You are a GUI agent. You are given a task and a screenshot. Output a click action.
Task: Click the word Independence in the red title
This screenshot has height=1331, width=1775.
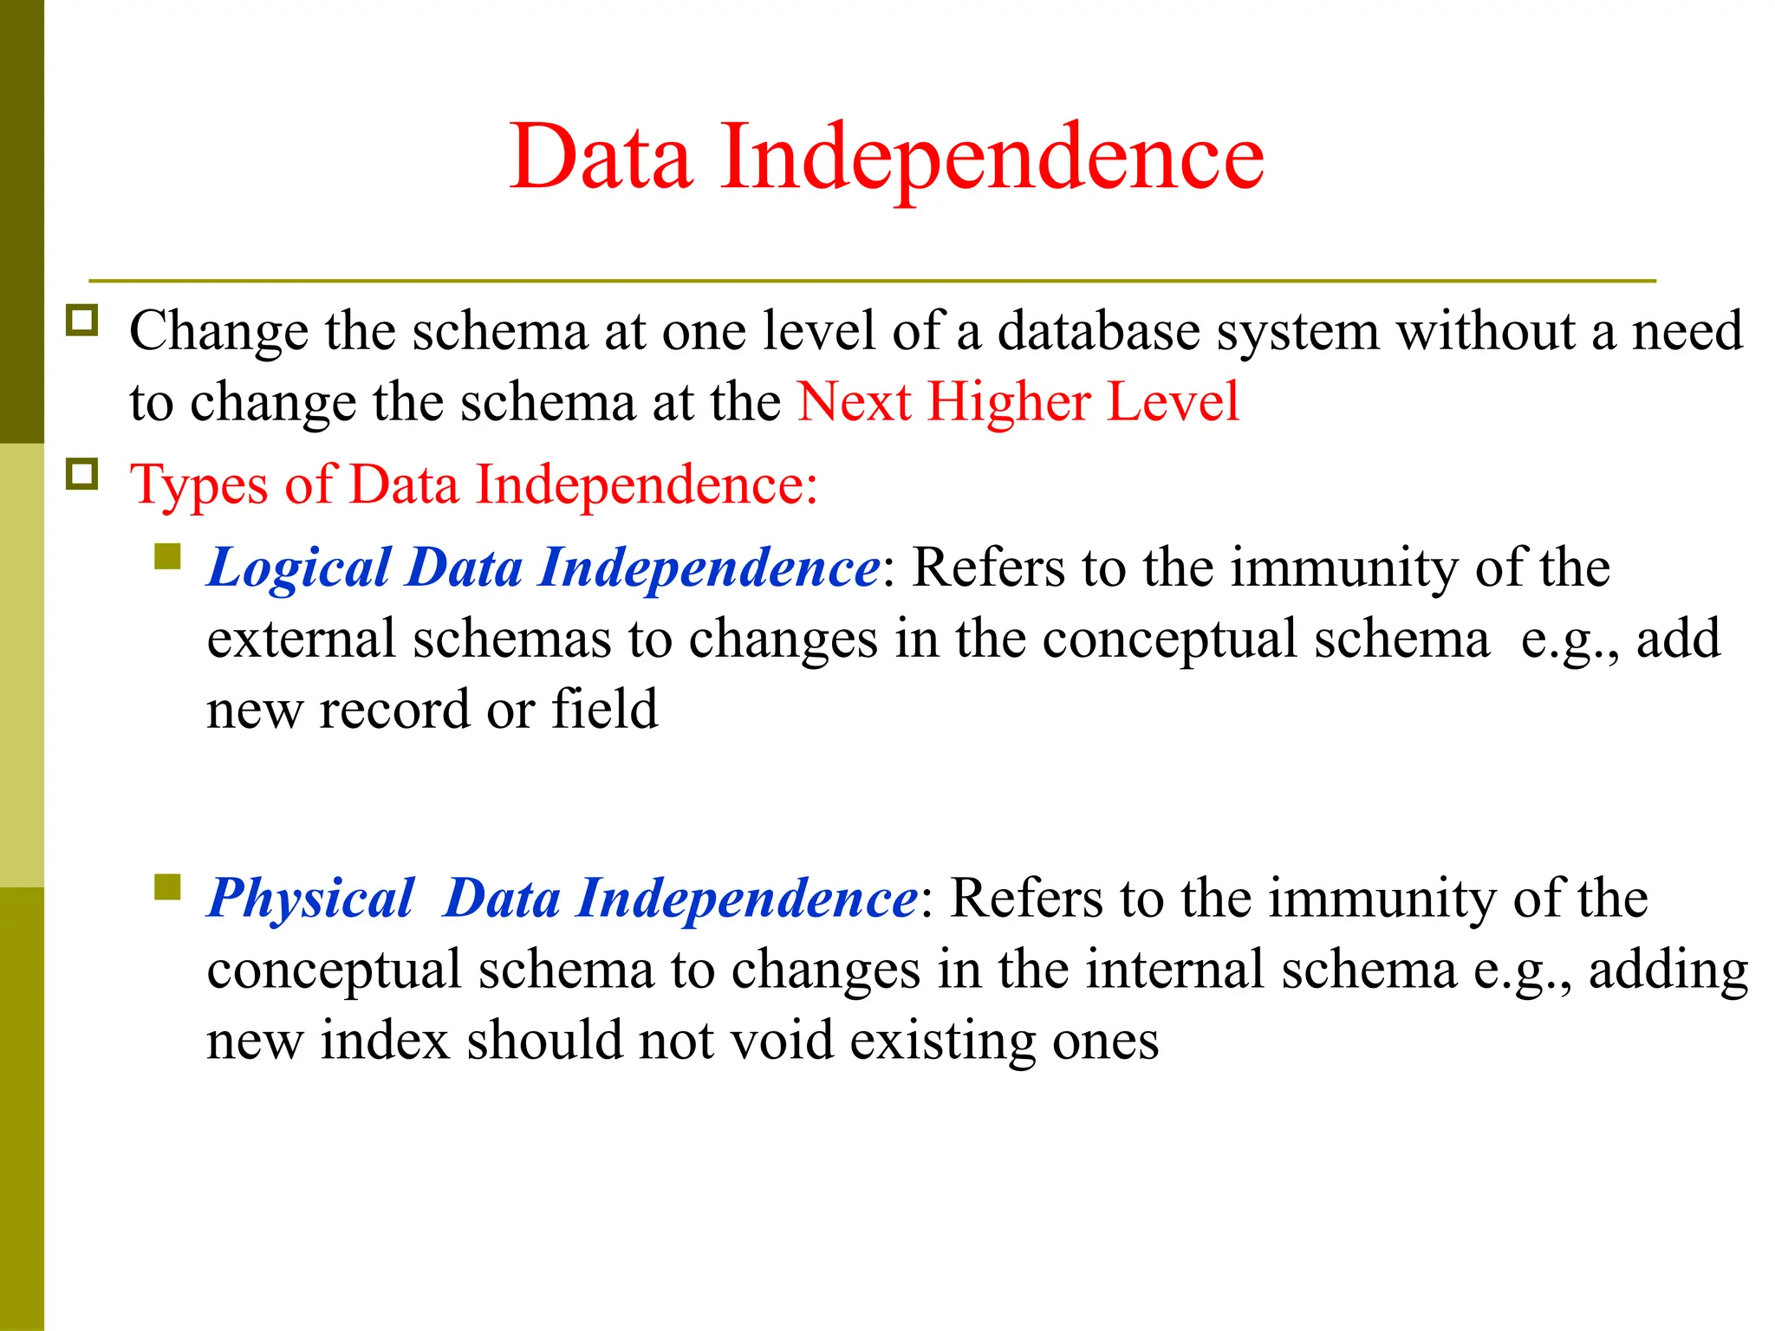(x=992, y=158)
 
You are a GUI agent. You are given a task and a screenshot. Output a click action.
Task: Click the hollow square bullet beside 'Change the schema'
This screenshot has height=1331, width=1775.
(x=82, y=320)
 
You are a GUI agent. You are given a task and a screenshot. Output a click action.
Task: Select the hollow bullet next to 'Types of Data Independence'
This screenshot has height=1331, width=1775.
(x=82, y=474)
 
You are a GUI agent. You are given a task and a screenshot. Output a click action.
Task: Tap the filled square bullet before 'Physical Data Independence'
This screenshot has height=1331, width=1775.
(x=167, y=886)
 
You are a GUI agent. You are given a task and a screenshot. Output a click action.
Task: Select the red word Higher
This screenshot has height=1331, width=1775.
(x=1009, y=403)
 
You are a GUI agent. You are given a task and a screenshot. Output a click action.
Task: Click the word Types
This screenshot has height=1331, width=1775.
(x=199, y=485)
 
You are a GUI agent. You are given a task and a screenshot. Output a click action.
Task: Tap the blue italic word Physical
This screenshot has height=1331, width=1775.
(x=311, y=899)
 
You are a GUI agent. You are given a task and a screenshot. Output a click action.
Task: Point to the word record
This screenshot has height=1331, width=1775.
(x=394, y=711)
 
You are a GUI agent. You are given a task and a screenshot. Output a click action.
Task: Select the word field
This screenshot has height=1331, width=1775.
(x=604, y=709)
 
